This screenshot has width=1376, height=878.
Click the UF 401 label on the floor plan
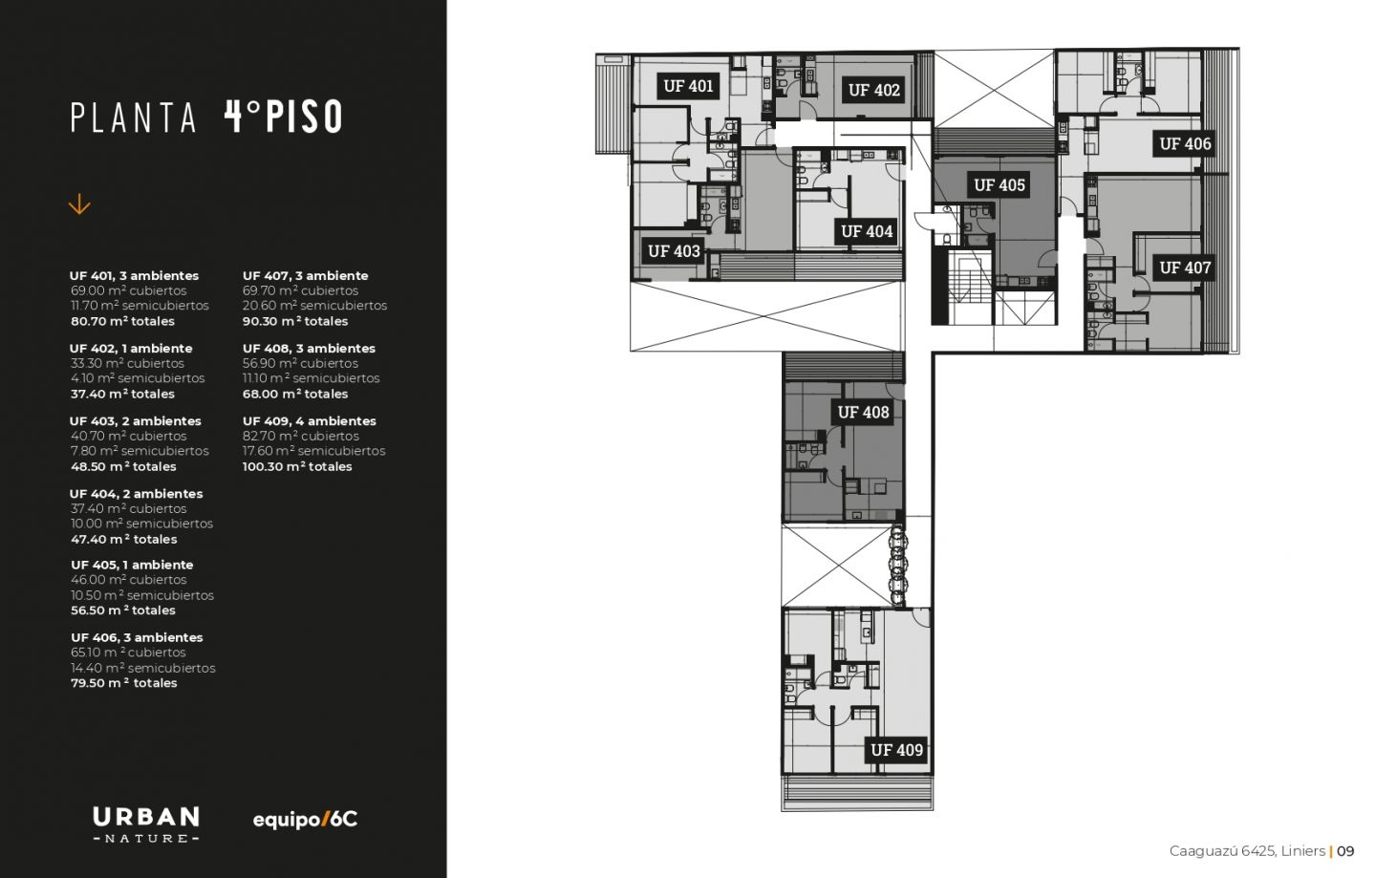pyautogui.click(x=688, y=86)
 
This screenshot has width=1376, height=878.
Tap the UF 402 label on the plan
pyautogui.click(x=873, y=90)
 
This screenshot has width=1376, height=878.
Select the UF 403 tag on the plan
pyautogui.click(x=674, y=251)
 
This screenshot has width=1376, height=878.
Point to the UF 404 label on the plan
pyautogui.click(x=866, y=231)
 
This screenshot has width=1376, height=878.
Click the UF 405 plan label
pyautogui.click(x=1000, y=184)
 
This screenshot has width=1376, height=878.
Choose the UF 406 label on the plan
pyautogui.click(x=1185, y=143)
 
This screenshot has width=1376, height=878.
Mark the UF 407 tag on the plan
pyautogui.click(x=1185, y=268)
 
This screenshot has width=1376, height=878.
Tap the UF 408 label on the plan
pyautogui.click(x=863, y=412)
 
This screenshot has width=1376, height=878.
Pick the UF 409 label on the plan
pyautogui.click(x=896, y=750)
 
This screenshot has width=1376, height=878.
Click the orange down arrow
pyautogui.click(x=79, y=204)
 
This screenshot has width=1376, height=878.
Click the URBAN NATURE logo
pyautogui.click(x=146, y=824)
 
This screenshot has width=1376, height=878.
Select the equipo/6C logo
pyautogui.click(x=305, y=820)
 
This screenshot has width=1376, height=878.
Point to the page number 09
pyautogui.click(x=1345, y=851)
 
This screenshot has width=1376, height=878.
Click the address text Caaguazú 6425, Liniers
pyautogui.click(x=1247, y=851)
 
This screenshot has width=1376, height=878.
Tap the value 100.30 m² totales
pyautogui.click(x=297, y=466)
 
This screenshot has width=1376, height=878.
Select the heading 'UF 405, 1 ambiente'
pyautogui.click(x=132, y=565)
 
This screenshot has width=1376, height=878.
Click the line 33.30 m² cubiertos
pyautogui.click(x=127, y=363)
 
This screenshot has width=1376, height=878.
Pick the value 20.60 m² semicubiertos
pyautogui.click(x=314, y=306)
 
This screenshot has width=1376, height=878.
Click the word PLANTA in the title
pyautogui.click(x=134, y=118)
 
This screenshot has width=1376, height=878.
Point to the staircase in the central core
pyautogui.click(x=970, y=287)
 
